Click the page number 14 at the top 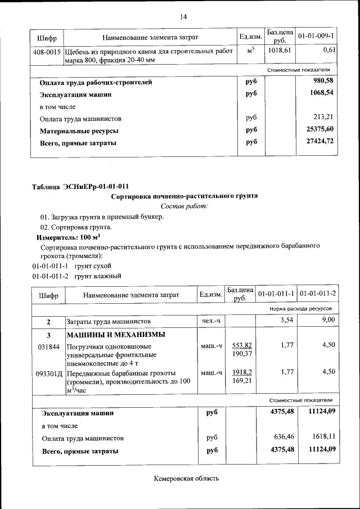pos(183,16)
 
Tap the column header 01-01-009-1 pos(316,37)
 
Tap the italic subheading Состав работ pos(184,206)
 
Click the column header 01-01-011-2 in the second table pos(318,294)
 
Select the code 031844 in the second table pos(48,346)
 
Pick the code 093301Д pos(49,373)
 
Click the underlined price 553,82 pos(241,345)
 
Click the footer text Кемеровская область pos(186,479)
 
